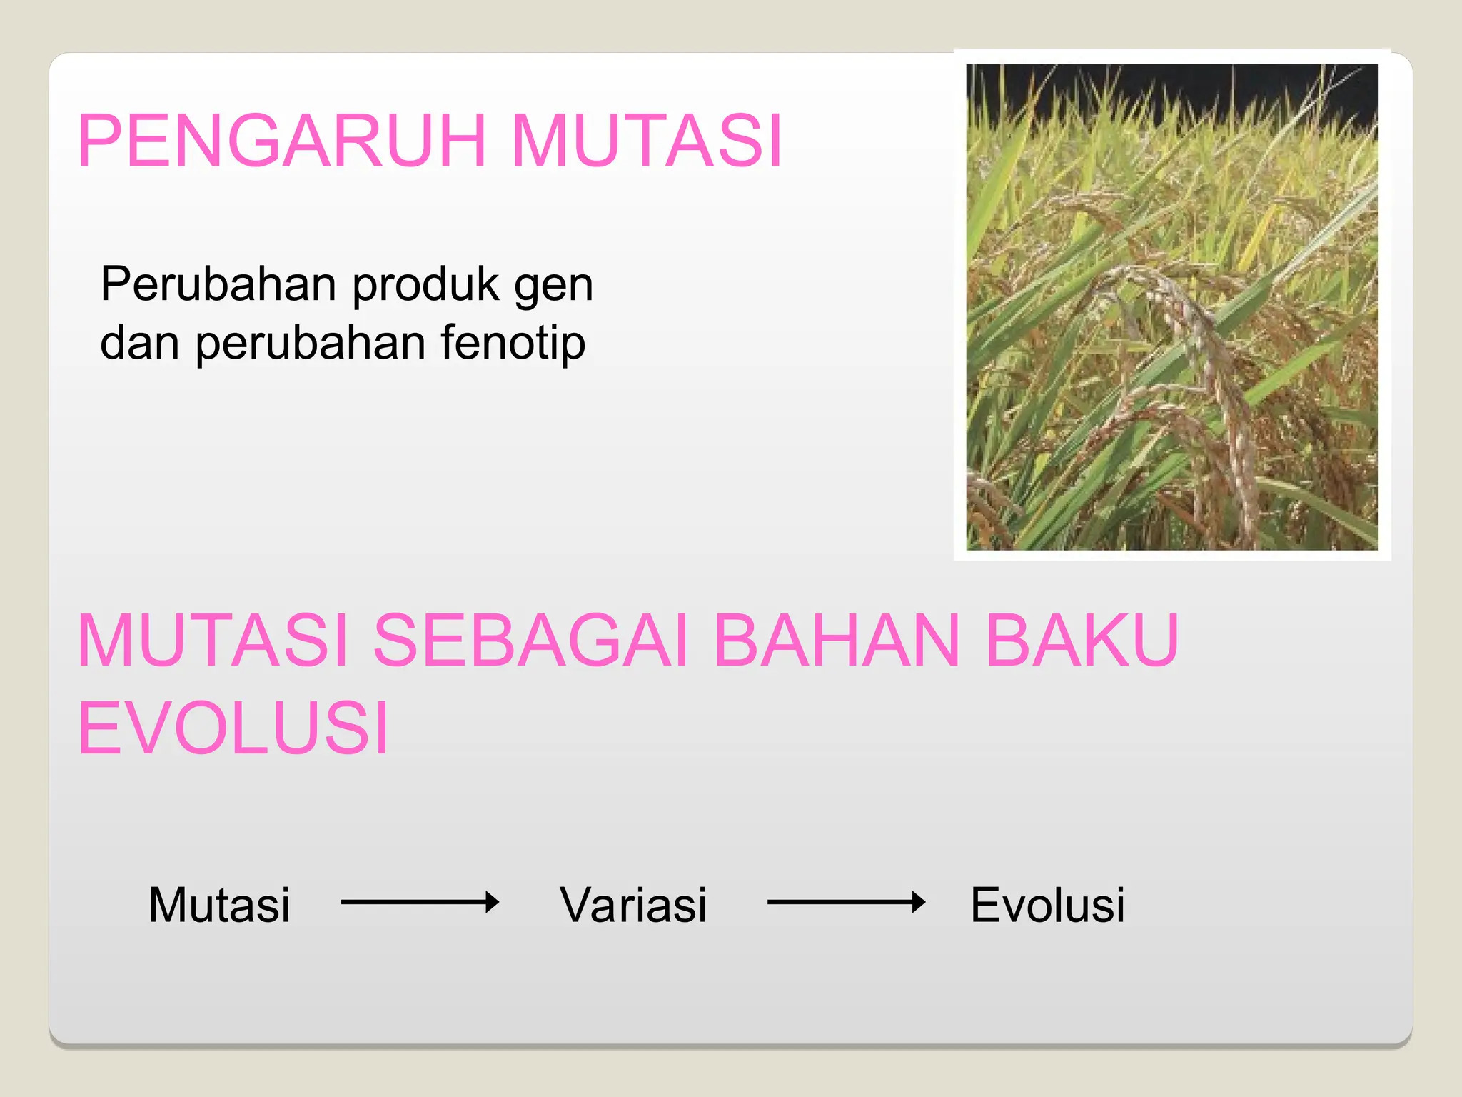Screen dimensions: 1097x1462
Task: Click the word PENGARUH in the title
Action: click(282, 141)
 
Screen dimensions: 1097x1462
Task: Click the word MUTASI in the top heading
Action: click(647, 141)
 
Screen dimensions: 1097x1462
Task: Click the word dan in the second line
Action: click(140, 343)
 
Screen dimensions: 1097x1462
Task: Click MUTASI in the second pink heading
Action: click(213, 641)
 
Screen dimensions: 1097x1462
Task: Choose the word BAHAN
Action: click(837, 641)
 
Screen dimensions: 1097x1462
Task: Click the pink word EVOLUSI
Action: click(233, 728)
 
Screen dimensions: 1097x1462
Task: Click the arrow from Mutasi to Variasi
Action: click(420, 903)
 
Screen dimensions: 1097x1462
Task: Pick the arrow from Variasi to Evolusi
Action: click(846, 903)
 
